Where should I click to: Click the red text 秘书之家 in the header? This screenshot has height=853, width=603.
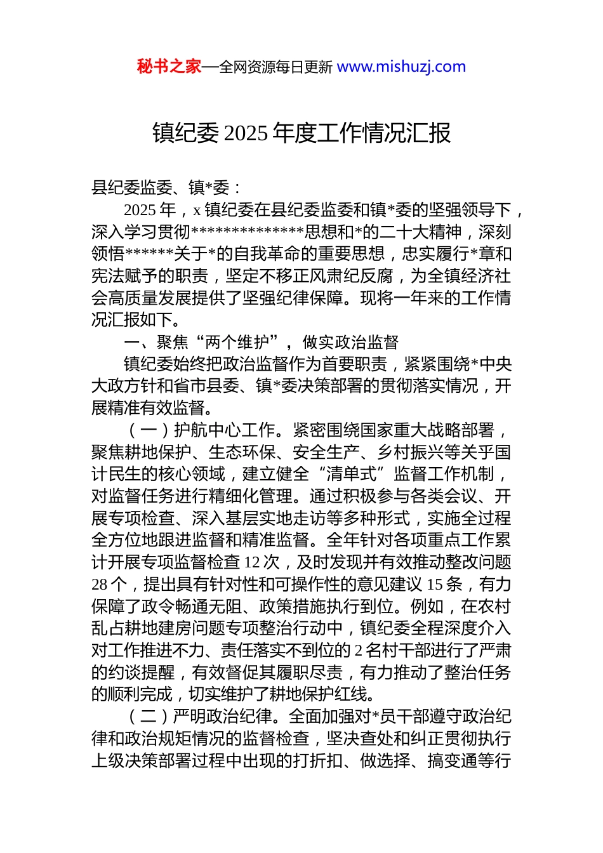(x=169, y=67)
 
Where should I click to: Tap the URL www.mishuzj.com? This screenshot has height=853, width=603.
(x=401, y=67)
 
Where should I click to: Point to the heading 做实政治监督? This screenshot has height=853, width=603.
(x=350, y=342)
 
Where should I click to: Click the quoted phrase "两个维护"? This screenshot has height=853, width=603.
(x=238, y=342)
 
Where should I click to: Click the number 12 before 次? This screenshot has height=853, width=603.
(x=252, y=562)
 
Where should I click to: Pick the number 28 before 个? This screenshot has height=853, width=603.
(x=100, y=585)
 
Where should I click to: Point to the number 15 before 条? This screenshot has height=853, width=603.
(x=435, y=585)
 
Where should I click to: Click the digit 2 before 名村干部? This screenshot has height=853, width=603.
(x=359, y=651)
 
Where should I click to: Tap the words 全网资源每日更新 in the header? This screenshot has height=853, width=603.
(x=275, y=67)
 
